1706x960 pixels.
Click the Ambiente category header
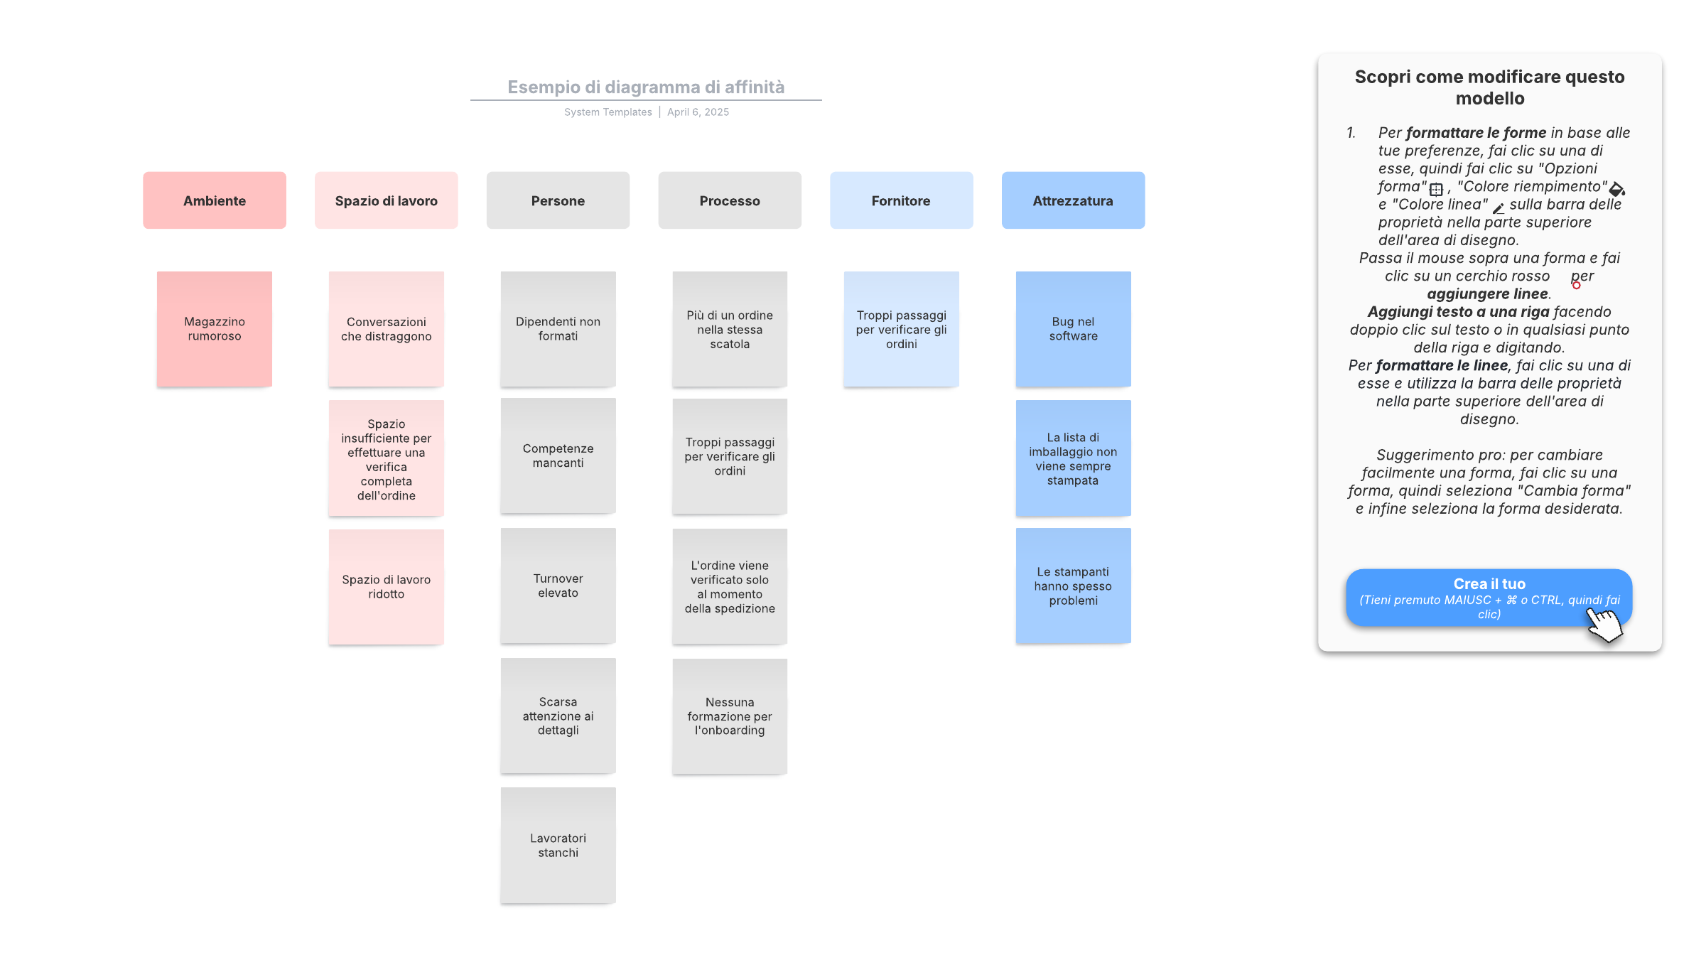215,200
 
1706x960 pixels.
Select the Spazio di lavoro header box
387,200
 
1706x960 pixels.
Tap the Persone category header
558,200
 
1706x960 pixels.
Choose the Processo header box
730,200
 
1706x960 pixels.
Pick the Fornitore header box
902,200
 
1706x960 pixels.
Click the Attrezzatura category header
1073,200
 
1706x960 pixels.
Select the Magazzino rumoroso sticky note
215,329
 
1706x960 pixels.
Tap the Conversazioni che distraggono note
387,329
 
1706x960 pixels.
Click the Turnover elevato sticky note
558,586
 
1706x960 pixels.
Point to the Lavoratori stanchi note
558,845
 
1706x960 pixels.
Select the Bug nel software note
1073,329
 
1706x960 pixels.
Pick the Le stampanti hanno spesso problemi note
1073,586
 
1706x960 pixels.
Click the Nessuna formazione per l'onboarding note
730,716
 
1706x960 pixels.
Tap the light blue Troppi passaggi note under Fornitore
902,329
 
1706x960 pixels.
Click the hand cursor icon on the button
1604,623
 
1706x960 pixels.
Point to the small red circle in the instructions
1576,286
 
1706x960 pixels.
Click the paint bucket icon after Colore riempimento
1617,189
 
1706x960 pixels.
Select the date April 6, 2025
698,112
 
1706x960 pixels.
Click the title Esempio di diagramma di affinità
646,87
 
